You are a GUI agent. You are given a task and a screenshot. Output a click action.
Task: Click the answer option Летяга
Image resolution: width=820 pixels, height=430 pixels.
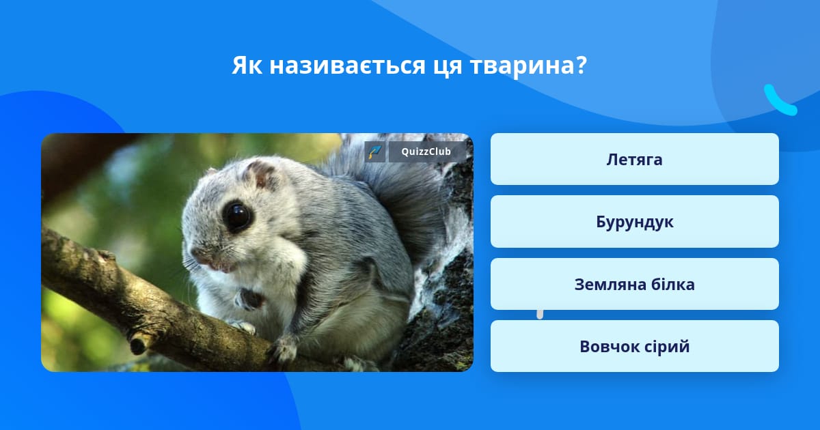(634, 159)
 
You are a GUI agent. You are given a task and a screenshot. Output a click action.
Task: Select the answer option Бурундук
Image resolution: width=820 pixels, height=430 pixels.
(634, 222)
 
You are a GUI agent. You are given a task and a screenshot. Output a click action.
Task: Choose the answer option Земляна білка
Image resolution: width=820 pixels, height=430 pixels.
(634, 284)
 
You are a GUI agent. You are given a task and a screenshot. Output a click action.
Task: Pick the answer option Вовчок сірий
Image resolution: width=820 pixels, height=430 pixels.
(634, 346)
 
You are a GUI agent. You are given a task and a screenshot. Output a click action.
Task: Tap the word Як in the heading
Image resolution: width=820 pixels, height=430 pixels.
(247, 66)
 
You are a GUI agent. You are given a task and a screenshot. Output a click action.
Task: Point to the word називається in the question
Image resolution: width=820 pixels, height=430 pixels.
(347, 66)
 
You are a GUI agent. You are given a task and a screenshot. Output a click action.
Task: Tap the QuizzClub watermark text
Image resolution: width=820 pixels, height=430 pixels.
(426, 152)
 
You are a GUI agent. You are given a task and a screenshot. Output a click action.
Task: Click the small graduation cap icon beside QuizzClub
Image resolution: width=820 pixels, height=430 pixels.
(374, 152)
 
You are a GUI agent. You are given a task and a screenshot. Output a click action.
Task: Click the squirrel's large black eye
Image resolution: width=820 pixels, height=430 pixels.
(237, 216)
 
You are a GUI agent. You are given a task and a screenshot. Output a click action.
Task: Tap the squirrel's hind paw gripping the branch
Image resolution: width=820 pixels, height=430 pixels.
(283, 350)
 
